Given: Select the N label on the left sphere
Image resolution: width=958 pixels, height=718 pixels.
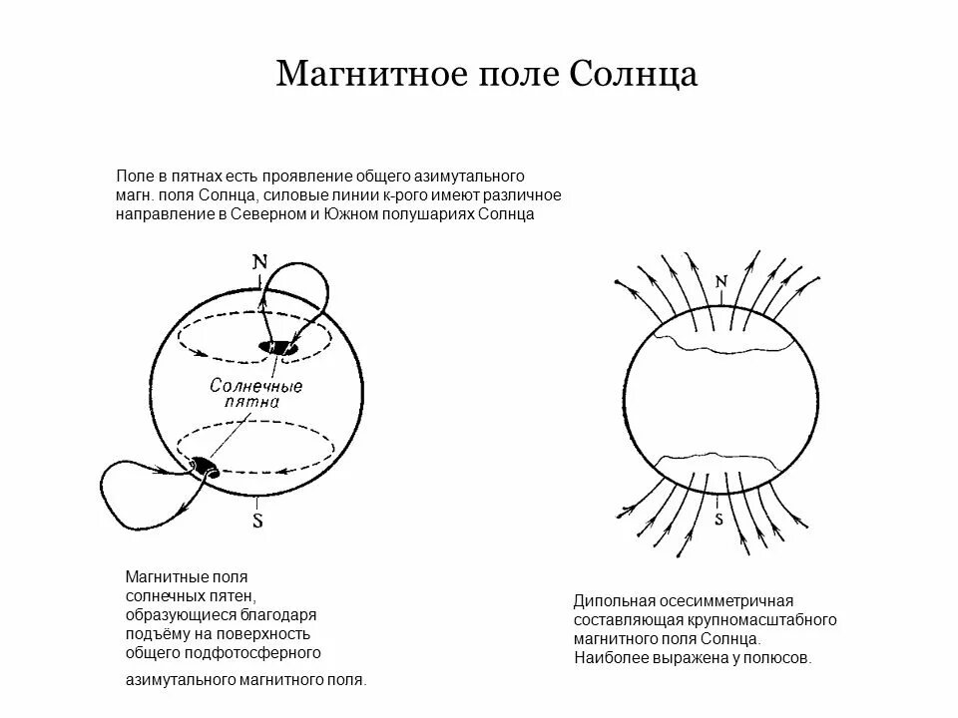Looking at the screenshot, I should (x=260, y=262).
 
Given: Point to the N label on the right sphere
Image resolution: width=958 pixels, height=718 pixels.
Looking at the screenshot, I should (x=720, y=281).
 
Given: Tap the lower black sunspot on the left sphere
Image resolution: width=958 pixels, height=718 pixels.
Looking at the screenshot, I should (x=205, y=466).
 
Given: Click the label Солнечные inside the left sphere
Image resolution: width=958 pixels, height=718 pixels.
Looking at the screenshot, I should (x=256, y=384).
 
